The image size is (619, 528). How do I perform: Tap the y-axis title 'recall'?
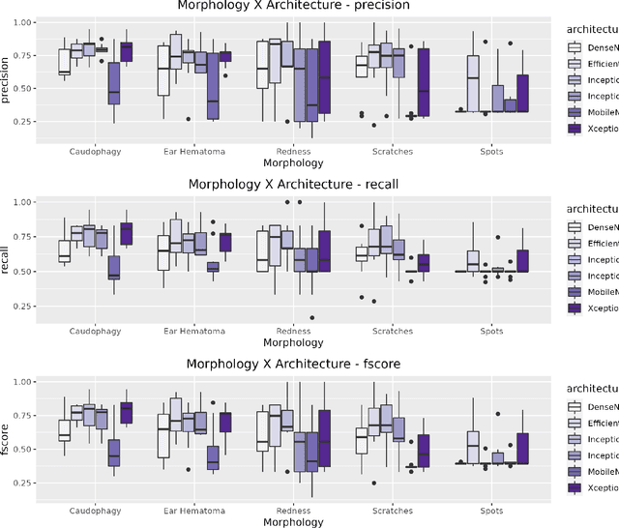(x=8, y=254)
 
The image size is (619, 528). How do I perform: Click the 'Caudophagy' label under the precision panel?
(x=95, y=151)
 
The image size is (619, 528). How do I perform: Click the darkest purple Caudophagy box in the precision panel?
(x=126, y=52)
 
